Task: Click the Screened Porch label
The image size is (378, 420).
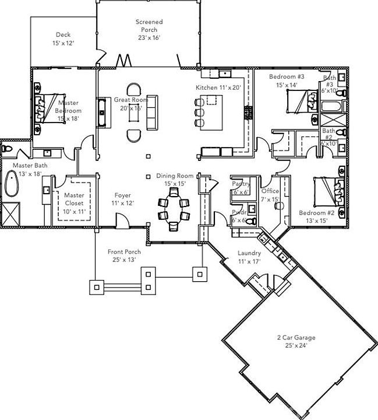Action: pos(149,30)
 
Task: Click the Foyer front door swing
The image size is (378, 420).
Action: pos(122,221)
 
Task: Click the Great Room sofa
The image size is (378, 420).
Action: pos(152,113)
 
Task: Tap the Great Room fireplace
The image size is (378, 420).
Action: pos(103,113)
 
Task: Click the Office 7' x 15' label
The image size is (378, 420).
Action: pos(271,195)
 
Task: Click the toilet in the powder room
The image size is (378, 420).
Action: pos(249,221)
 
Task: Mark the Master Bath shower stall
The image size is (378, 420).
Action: pos(11,213)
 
